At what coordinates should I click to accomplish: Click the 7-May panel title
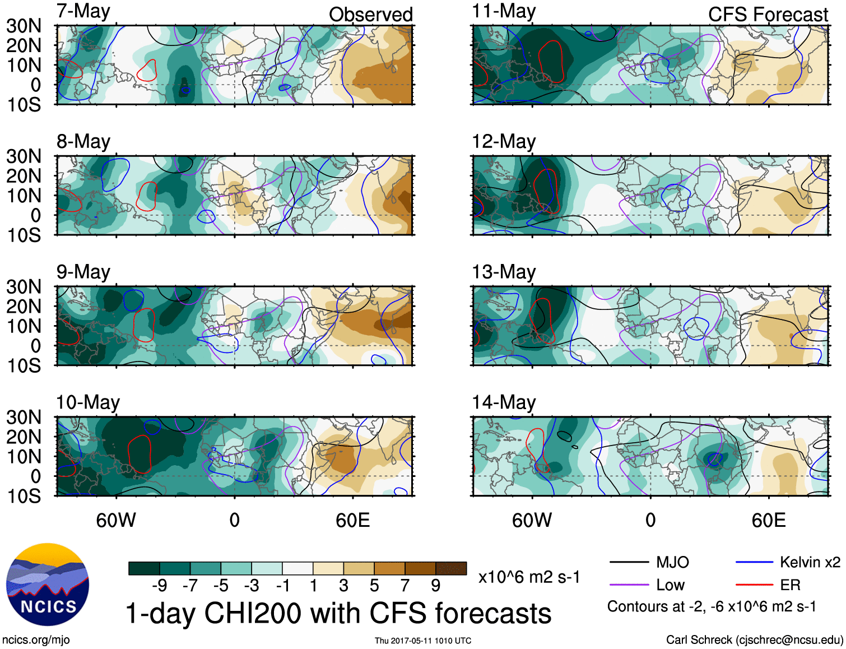tap(83, 11)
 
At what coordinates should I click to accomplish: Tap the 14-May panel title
tap(504, 402)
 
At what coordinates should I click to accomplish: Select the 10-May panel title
tap(88, 402)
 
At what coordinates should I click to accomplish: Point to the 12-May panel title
tap(504, 141)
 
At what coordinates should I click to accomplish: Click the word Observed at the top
tap(370, 15)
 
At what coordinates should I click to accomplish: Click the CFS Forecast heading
tap(768, 15)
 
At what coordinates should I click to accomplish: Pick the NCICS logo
tap(48, 585)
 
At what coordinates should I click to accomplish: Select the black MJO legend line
tap(629, 562)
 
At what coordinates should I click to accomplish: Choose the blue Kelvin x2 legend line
tap(754, 562)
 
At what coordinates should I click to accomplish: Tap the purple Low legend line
tap(629, 585)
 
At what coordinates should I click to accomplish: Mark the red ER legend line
tap(754, 585)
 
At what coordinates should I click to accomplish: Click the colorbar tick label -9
tap(159, 586)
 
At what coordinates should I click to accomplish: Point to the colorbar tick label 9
tap(436, 586)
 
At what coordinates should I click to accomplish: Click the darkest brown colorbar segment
tap(451, 568)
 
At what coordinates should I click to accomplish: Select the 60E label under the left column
tap(352, 521)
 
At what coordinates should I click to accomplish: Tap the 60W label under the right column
tap(532, 521)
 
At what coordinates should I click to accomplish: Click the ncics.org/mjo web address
tap(36, 640)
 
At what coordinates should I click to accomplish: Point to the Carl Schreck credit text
tap(754, 640)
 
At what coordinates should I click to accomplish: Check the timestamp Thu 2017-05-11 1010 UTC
tap(423, 641)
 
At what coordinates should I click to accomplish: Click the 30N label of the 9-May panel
tap(24, 287)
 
